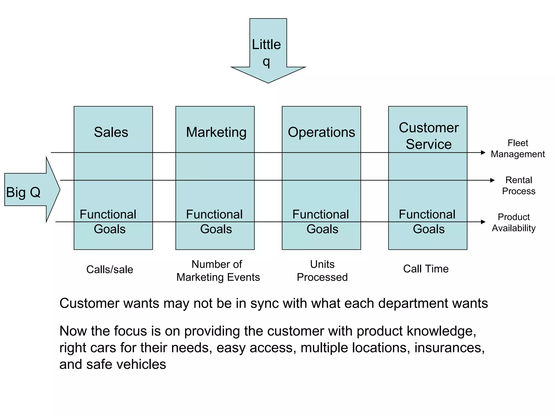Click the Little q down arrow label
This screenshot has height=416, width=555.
267,53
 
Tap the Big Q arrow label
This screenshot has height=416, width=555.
23,192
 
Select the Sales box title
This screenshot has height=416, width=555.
111,132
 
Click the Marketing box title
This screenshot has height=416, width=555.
216,132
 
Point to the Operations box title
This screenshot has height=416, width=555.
321,132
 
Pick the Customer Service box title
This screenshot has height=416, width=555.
429,136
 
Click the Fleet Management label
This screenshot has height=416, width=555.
518,148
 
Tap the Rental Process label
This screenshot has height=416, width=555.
519,186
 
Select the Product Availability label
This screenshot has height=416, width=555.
514,222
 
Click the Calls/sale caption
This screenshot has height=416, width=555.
110,269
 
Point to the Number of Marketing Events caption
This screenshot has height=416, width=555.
218,271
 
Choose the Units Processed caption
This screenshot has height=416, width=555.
322,271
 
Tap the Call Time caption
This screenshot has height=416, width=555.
426,269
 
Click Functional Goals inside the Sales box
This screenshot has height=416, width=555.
108,222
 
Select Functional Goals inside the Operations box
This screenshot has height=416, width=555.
321,222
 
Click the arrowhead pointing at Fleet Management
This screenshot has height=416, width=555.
483,152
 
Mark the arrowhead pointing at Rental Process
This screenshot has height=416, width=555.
492,180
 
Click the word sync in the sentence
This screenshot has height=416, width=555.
264,303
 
